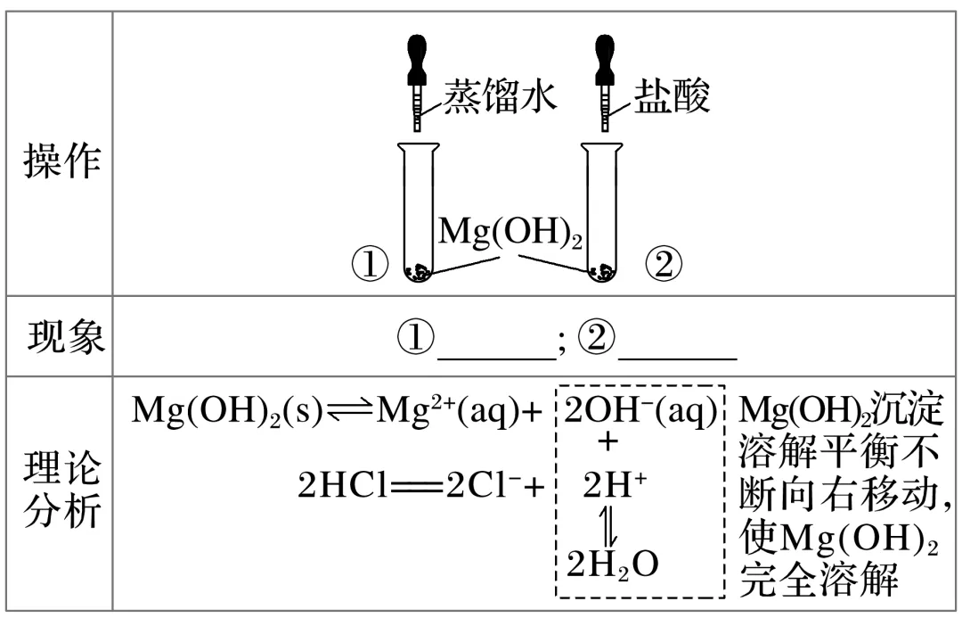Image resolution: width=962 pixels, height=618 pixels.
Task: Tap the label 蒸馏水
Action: coord(501,96)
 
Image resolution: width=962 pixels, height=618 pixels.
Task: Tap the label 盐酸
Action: coord(672,96)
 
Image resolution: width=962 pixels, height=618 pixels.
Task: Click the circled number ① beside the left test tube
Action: coord(370,264)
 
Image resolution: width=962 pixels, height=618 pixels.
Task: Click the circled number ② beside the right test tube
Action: coord(664,264)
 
